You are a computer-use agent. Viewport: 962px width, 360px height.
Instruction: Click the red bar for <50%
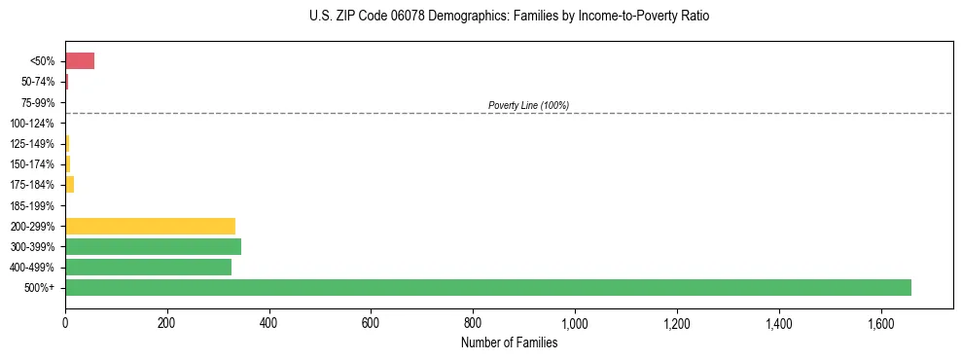pos(80,61)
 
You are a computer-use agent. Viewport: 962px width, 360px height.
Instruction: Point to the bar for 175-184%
pos(69,185)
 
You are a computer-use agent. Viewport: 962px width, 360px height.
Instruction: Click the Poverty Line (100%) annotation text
pos(528,105)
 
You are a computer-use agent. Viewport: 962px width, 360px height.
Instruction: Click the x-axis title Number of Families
pos(510,342)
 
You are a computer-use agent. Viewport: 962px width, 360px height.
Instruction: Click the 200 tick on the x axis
pos(167,322)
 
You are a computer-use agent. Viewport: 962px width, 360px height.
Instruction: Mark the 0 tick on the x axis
pos(65,322)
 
